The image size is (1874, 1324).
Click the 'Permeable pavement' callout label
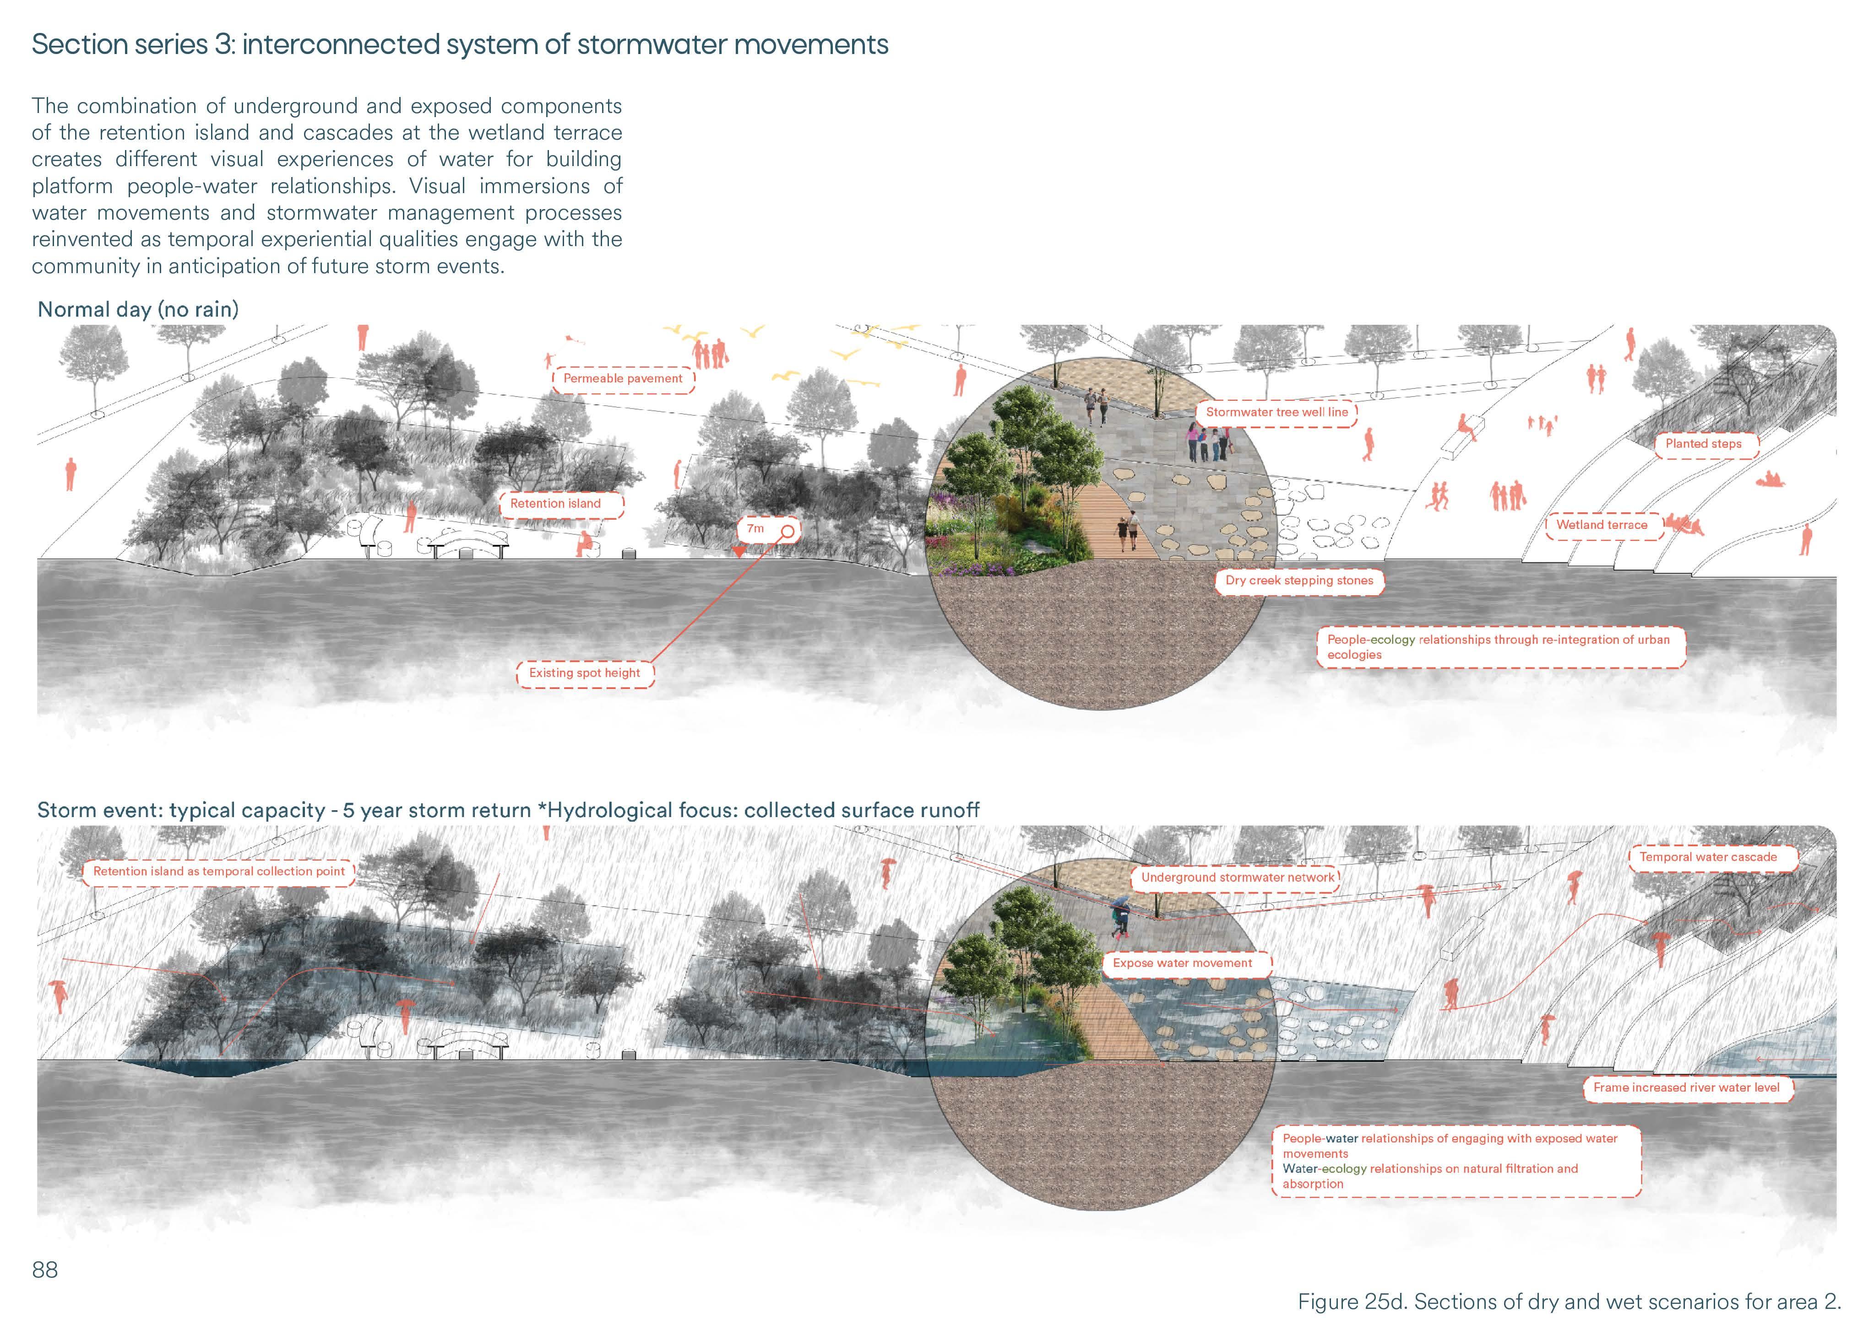(623, 378)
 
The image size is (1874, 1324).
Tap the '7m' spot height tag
(756, 528)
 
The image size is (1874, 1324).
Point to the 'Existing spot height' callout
(584, 673)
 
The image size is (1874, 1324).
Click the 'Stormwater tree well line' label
(1276, 412)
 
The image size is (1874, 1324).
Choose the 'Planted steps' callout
(1703, 444)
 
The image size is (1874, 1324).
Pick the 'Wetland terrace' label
(1602, 525)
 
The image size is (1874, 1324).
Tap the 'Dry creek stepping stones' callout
(1299, 581)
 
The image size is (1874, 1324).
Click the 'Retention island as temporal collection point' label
(219, 871)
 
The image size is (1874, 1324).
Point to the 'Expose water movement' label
(1182, 963)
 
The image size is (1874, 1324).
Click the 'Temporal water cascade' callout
(1707, 857)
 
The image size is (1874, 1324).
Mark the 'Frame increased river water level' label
(1686, 1087)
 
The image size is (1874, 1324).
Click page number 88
(45, 1270)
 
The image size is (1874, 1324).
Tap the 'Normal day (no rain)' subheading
(138, 310)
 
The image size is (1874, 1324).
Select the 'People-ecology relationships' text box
(1499, 647)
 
